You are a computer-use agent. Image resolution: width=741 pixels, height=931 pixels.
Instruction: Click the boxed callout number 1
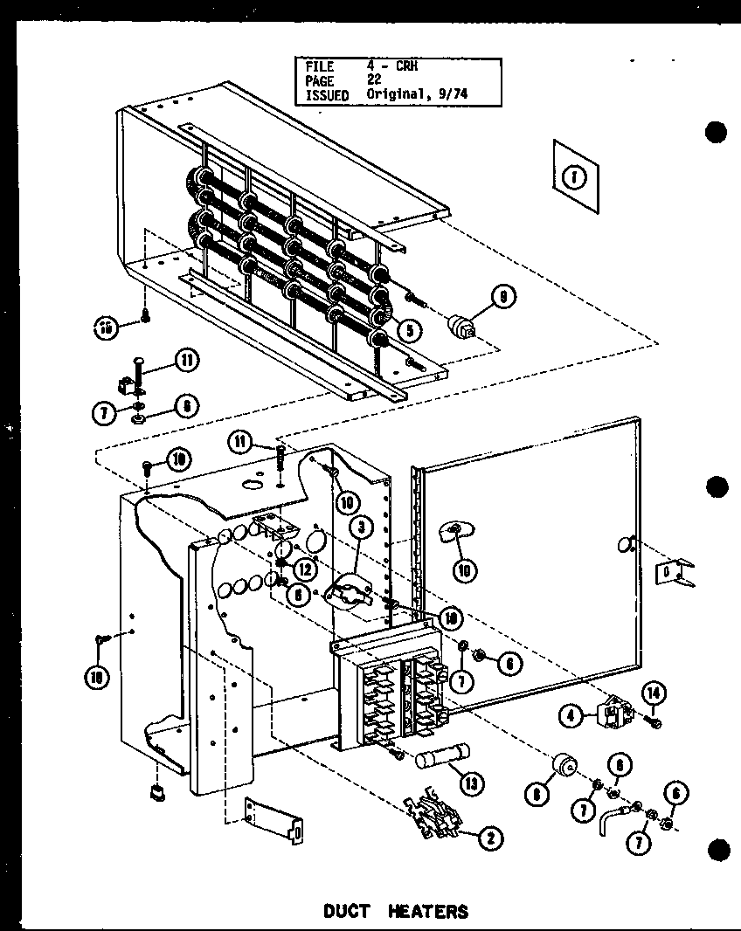pyautogui.click(x=573, y=178)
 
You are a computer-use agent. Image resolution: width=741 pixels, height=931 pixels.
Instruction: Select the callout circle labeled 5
pyautogui.click(x=408, y=329)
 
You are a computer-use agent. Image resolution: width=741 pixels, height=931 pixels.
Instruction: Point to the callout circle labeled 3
pyautogui.click(x=360, y=527)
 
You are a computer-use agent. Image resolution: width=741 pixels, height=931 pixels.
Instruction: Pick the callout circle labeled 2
pyautogui.click(x=489, y=838)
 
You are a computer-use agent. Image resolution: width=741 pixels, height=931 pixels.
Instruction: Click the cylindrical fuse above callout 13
pyautogui.click(x=443, y=755)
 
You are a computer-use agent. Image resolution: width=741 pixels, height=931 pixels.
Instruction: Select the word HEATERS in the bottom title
pyautogui.click(x=429, y=911)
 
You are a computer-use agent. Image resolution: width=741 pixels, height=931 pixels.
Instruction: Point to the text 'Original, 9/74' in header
pyautogui.click(x=418, y=93)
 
